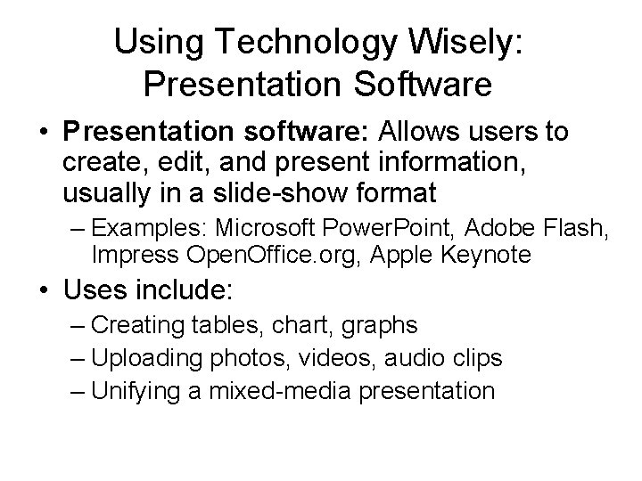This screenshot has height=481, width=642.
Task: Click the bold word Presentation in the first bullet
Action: [x=142, y=134]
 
